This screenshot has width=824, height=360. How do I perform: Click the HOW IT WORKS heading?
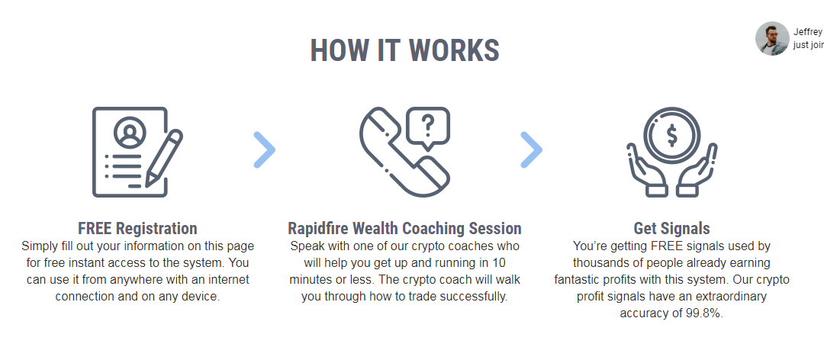[x=404, y=50]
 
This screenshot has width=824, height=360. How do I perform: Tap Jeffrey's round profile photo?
[x=772, y=38]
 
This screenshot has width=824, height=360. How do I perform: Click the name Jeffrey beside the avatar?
[x=808, y=32]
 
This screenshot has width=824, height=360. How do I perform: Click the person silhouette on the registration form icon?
[x=129, y=133]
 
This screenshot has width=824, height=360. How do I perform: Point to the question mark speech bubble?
[x=428, y=127]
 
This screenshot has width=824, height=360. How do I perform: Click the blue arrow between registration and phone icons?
[x=264, y=150]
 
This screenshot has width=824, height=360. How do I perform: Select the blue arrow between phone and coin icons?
[x=531, y=150]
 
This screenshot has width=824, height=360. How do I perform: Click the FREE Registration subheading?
[x=137, y=229]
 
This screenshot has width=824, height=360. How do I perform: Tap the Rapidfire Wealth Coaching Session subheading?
[x=404, y=229]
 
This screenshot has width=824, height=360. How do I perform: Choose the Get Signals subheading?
[x=671, y=229]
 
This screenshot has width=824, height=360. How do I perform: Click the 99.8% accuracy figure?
[x=704, y=313]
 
